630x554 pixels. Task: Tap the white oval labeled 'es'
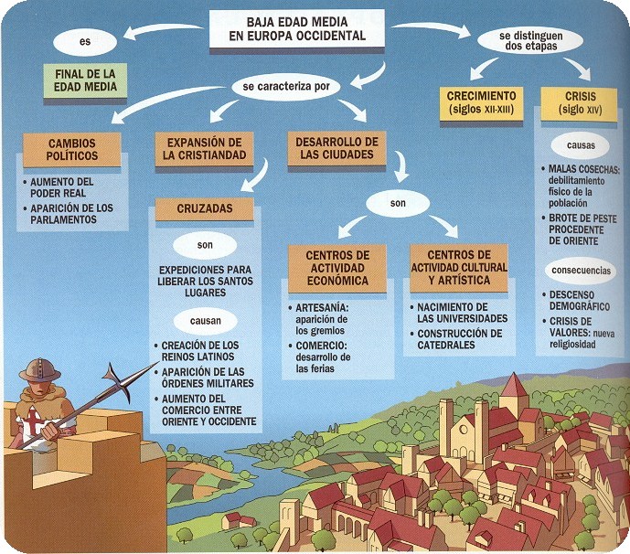click(x=85, y=41)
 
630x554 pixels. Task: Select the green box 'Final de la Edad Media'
click(x=83, y=80)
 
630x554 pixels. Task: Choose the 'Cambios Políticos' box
click(x=71, y=150)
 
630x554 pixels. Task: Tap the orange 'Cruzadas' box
click(x=204, y=208)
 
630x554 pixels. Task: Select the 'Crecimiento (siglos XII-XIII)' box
click(x=482, y=102)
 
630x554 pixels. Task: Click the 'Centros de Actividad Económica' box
click(x=337, y=266)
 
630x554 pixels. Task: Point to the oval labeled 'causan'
click(x=204, y=321)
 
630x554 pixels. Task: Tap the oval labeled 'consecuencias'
click(x=579, y=272)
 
